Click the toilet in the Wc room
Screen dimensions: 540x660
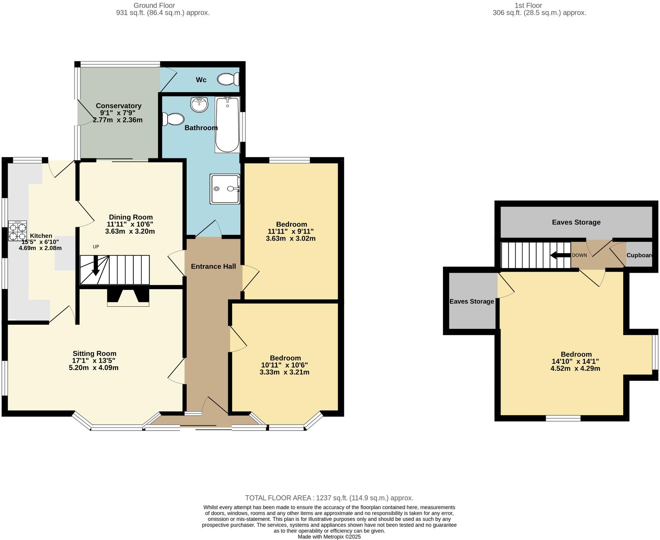tap(228, 79)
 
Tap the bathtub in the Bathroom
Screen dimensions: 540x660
tap(227, 125)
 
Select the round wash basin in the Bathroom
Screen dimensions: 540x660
tap(199, 104)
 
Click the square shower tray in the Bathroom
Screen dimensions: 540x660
tap(225, 189)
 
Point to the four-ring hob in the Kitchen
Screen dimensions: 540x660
tap(18, 231)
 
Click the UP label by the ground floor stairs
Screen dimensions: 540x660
tap(96, 247)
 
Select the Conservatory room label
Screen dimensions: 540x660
tap(119, 106)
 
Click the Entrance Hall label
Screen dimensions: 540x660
tap(213, 266)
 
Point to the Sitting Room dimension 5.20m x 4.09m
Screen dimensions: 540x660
tap(94, 367)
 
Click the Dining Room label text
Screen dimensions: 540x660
tap(131, 217)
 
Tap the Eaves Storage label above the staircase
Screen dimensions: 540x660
tap(576, 222)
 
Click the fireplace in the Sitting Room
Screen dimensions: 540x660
tap(128, 298)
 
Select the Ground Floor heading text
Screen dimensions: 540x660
tap(154, 6)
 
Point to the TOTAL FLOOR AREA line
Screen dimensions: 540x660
tap(329, 498)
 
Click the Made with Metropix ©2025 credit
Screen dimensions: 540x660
tap(329, 537)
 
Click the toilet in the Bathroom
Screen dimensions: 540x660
tap(174, 119)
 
